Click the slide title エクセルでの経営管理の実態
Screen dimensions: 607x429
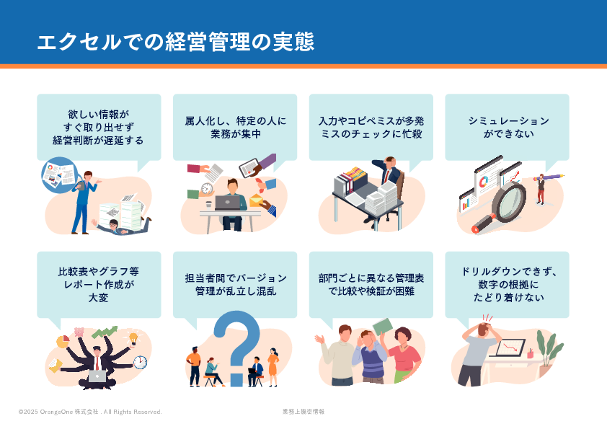click(175, 42)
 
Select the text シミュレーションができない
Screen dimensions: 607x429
click(508, 128)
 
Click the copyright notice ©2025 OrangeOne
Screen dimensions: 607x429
click(90, 412)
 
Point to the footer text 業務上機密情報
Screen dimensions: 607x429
click(303, 412)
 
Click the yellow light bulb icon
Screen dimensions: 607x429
click(133, 338)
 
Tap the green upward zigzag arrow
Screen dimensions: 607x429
click(105, 332)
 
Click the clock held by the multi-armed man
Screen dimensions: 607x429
click(140, 362)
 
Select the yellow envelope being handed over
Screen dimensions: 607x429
click(256, 200)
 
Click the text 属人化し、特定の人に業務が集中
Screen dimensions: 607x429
click(235, 128)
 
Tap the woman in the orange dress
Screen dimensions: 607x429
click(273, 367)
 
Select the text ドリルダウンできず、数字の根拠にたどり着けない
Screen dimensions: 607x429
click(508, 284)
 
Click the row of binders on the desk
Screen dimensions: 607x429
click(350, 181)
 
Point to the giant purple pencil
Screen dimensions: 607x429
click(549, 177)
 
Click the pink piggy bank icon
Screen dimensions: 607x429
click(79, 332)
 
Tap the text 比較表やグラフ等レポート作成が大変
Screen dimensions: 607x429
click(99, 284)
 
